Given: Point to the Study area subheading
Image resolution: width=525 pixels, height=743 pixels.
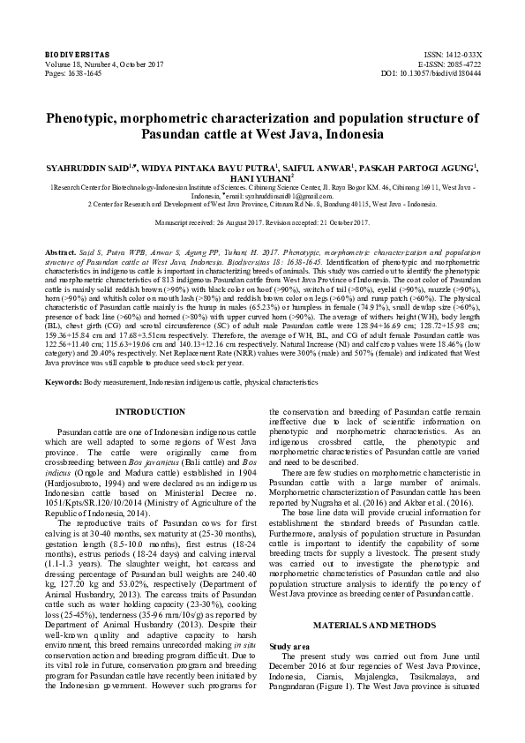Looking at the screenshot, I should click(289, 622).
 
